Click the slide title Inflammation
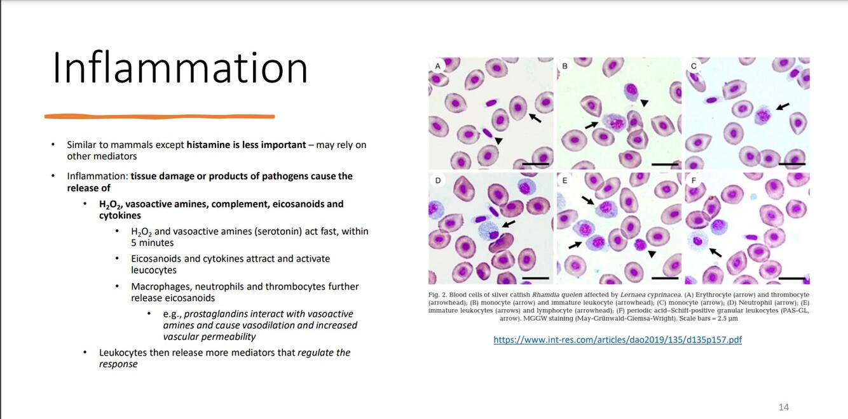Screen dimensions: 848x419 point(180,69)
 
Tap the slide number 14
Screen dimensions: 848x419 point(784,407)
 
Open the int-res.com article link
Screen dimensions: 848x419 point(617,340)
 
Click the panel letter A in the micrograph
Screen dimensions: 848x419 point(437,66)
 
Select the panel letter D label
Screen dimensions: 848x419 point(437,180)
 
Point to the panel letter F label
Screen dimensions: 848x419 point(694,180)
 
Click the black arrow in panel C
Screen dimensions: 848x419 point(783,106)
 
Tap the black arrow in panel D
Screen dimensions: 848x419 point(509,224)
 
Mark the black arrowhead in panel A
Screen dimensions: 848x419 point(498,141)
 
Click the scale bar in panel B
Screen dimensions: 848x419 point(665,164)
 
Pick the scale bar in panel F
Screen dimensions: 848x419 point(792,278)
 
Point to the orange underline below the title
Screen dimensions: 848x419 point(160,116)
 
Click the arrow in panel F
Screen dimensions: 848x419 point(715,252)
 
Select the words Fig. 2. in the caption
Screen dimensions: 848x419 point(437,295)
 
